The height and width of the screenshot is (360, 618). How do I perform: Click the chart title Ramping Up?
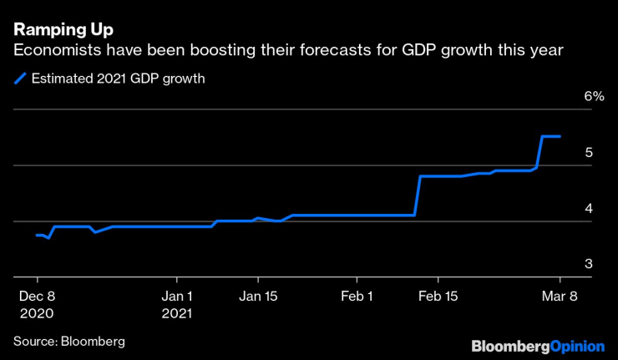point(63,28)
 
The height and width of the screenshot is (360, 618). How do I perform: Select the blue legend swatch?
point(19,79)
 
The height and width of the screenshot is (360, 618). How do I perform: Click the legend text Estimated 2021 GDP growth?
point(118,79)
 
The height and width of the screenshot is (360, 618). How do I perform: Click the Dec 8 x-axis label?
point(37,296)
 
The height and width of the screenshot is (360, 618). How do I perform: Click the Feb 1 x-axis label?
point(357,296)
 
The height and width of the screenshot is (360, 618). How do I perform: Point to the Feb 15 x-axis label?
point(438,296)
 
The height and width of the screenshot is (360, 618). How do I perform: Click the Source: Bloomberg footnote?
point(68,341)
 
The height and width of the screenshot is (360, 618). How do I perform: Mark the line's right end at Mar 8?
point(560,136)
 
